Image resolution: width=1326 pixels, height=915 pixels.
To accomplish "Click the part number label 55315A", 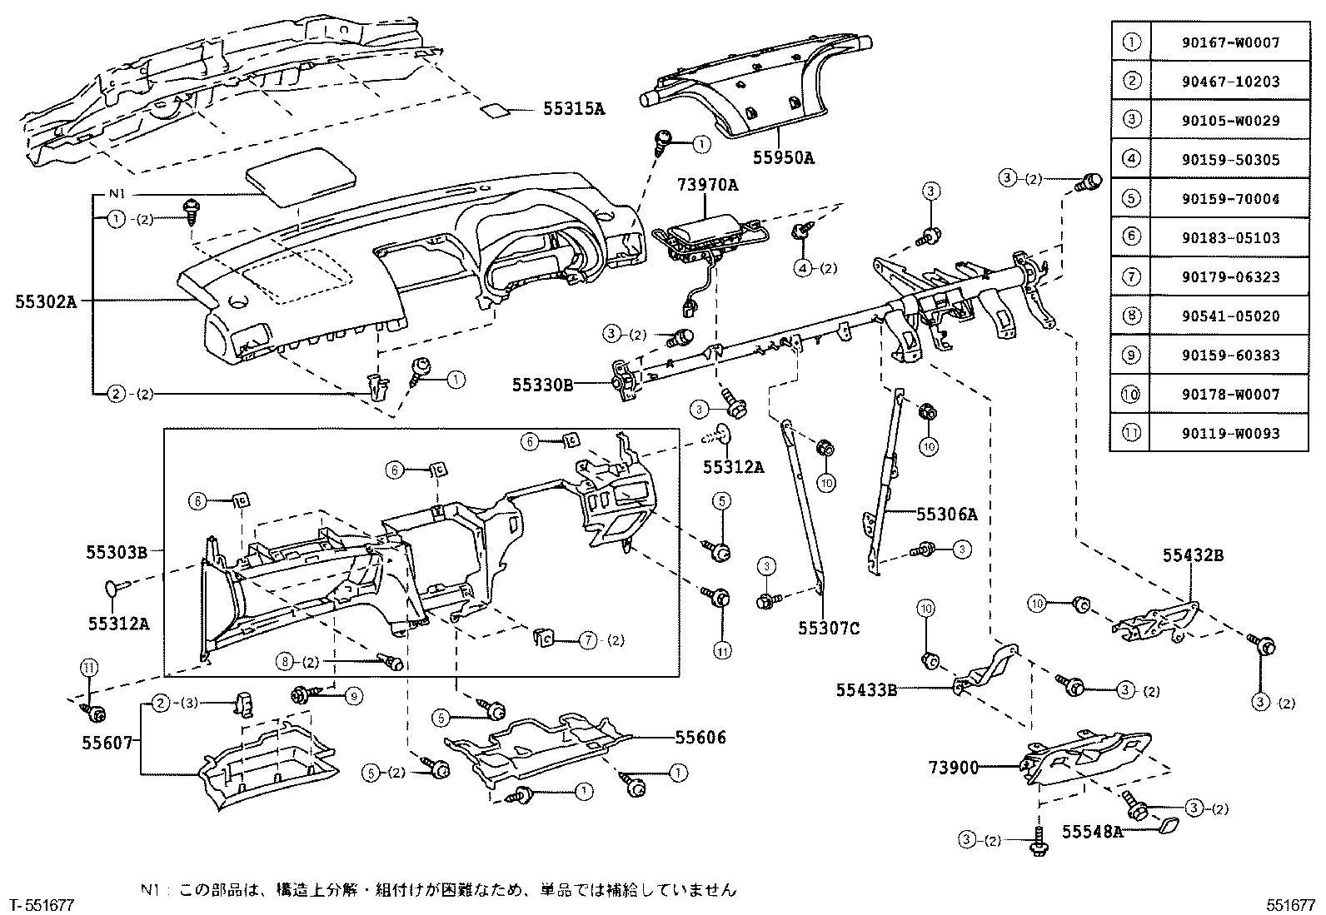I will pyautogui.click(x=574, y=107).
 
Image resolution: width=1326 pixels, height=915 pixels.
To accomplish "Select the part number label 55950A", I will pyautogui.click(x=784, y=157).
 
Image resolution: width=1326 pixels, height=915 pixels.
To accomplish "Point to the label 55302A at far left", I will pyautogui.click(x=46, y=303).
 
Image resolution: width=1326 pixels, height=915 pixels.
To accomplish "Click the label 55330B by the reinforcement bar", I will pyautogui.click(x=542, y=384).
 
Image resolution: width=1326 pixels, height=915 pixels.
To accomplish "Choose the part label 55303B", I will pyautogui.click(x=117, y=551).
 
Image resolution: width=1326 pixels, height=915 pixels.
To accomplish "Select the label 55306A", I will pyautogui.click(x=946, y=515).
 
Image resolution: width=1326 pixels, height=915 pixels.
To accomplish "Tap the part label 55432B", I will pyautogui.click(x=1194, y=555).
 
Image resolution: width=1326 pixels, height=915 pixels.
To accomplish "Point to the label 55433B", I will pyautogui.click(x=867, y=689).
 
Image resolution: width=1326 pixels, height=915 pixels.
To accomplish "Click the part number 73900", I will pyautogui.click(x=954, y=767).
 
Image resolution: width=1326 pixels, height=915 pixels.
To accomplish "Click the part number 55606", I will pyautogui.click(x=700, y=737).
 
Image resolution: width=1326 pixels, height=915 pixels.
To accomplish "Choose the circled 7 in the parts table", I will pyautogui.click(x=1130, y=277).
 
